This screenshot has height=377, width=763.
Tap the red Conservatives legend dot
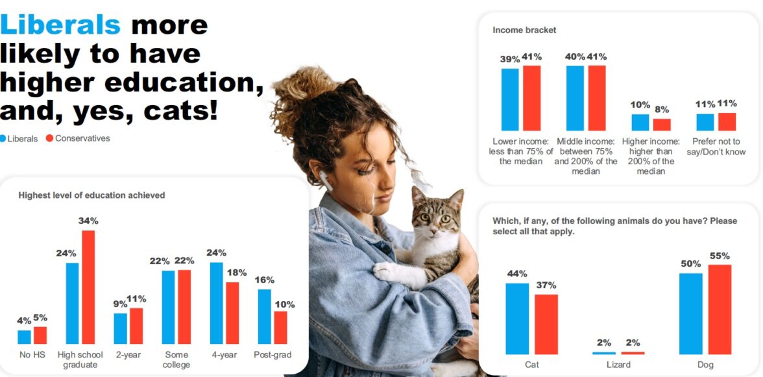coord(49,138)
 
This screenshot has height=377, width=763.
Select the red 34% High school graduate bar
coord(88,287)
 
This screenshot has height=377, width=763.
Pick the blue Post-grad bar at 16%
coord(264,317)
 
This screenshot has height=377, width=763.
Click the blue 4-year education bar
coord(217,303)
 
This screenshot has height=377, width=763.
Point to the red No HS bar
coord(40,335)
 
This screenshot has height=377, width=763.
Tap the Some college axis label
coord(176,359)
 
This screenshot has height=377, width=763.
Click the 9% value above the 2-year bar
coord(120,304)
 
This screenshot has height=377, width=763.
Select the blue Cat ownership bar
coord(517,319)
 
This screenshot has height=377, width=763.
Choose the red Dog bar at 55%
coord(720,310)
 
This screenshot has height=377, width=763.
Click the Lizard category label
coord(618,365)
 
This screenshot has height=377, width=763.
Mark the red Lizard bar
coord(633,353)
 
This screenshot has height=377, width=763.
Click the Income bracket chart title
coord(524,30)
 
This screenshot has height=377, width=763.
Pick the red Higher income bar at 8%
coord(662,125)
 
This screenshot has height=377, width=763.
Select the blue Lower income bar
coord(510,100)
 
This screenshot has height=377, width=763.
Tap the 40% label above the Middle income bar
coord(575,57)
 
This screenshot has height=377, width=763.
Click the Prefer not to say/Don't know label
coord(716,147)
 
